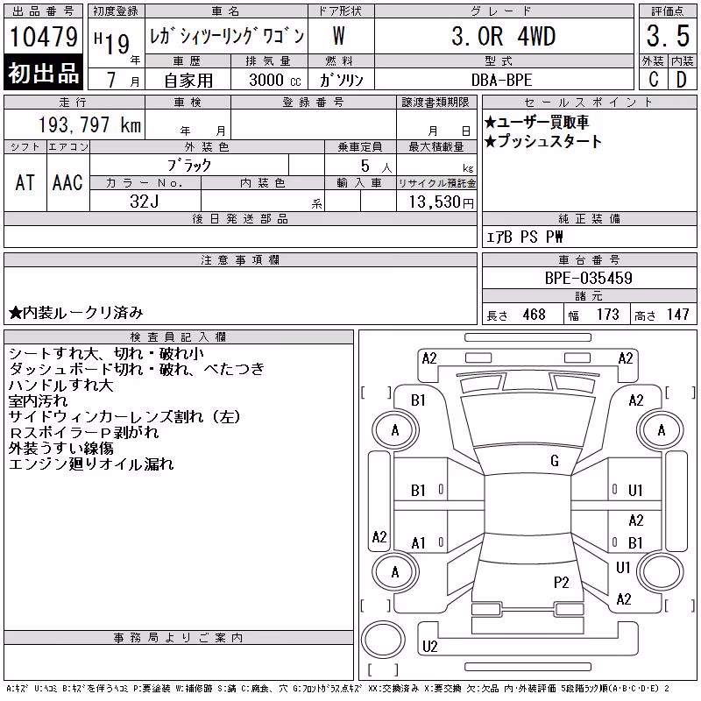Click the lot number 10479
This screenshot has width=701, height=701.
point(43,37)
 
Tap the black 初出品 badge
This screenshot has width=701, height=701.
point(43,73)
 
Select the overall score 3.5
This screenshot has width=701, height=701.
point(668,36)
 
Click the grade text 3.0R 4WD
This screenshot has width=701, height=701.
point(503,36)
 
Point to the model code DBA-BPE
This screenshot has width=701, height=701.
point(501,80)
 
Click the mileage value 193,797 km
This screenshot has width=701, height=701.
point(90,124)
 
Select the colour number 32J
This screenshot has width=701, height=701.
point(145,202)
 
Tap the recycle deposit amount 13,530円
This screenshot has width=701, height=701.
point(441,202)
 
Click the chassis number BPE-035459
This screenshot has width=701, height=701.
point(588,278)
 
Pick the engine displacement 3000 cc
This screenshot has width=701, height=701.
point(275,80)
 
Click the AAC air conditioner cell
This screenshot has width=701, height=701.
point(67,182)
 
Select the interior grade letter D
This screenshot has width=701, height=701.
point(682,80)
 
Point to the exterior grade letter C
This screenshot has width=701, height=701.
point(653,80)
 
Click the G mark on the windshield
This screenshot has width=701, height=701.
point(555,461)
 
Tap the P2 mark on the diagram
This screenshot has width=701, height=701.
point(561,583)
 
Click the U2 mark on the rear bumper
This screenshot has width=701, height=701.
point(429,647)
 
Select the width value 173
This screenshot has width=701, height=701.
point(608,315)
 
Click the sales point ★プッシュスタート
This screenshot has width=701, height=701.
point(543,141)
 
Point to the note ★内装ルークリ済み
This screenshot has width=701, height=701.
point(76,313)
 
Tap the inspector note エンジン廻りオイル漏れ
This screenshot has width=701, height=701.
point(91,464)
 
